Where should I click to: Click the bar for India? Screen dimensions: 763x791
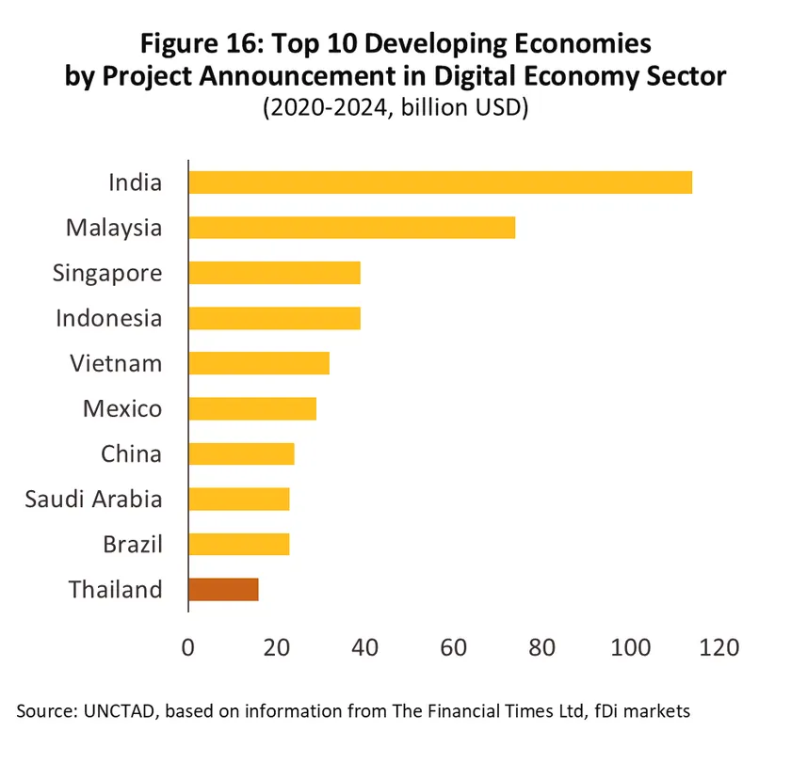(x=440, y=183)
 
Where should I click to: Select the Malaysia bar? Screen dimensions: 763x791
(x=351, y=228)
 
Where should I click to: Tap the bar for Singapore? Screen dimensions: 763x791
(x=274, y=273)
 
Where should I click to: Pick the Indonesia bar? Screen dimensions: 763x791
(x=274, y=318)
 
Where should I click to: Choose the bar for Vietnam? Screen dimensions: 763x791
(x=259, y=363)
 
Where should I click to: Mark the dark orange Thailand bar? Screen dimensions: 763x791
(x=223, y=590)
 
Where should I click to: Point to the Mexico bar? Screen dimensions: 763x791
(x=252, y=408)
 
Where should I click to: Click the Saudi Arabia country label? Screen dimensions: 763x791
(x=93, y=499)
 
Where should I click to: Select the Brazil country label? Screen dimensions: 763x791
(x=132, y=544)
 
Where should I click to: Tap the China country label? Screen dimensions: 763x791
(x=131, y=453)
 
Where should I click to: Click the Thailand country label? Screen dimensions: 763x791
(x=115, y=590)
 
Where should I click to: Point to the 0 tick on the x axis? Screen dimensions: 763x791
(x=188, y=647)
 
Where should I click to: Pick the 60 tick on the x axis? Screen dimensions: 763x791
(x=453, y=647)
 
